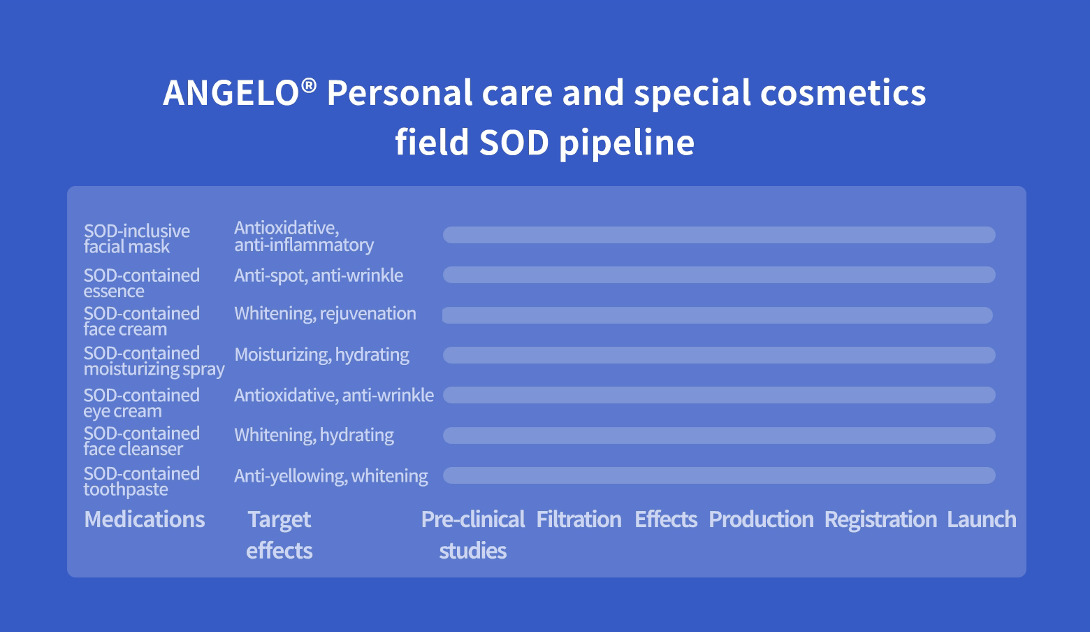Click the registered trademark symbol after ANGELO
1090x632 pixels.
[x=309, y=86]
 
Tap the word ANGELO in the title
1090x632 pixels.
[x=231, y=92]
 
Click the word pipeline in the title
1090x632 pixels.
[x=627, y=143]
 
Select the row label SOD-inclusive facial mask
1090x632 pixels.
[x=137, y=238]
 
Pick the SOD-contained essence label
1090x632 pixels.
[x=142, y=283]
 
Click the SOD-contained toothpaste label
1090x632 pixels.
[x=142, y=481]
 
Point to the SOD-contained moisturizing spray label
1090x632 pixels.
[x=154, y=361]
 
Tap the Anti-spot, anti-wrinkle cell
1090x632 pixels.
[x=319, y=275]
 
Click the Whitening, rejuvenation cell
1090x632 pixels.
[x=325, y=314]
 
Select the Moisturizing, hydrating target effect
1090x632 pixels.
[x=321, y=355]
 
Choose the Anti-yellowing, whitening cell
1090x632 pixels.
[x=331, y=475]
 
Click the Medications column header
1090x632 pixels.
[x=145, y=519]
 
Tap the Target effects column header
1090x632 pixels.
[x=279, y=535]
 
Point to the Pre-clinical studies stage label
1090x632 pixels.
[x=473, y=535]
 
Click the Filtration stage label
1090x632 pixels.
[x=579, y=519]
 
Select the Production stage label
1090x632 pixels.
[x=761, y=519]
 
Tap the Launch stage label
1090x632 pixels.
[x=982, y=519]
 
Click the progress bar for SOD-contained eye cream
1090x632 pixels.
[x=719, y=395]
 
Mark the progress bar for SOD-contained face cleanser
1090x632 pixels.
[x=719, y=436]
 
